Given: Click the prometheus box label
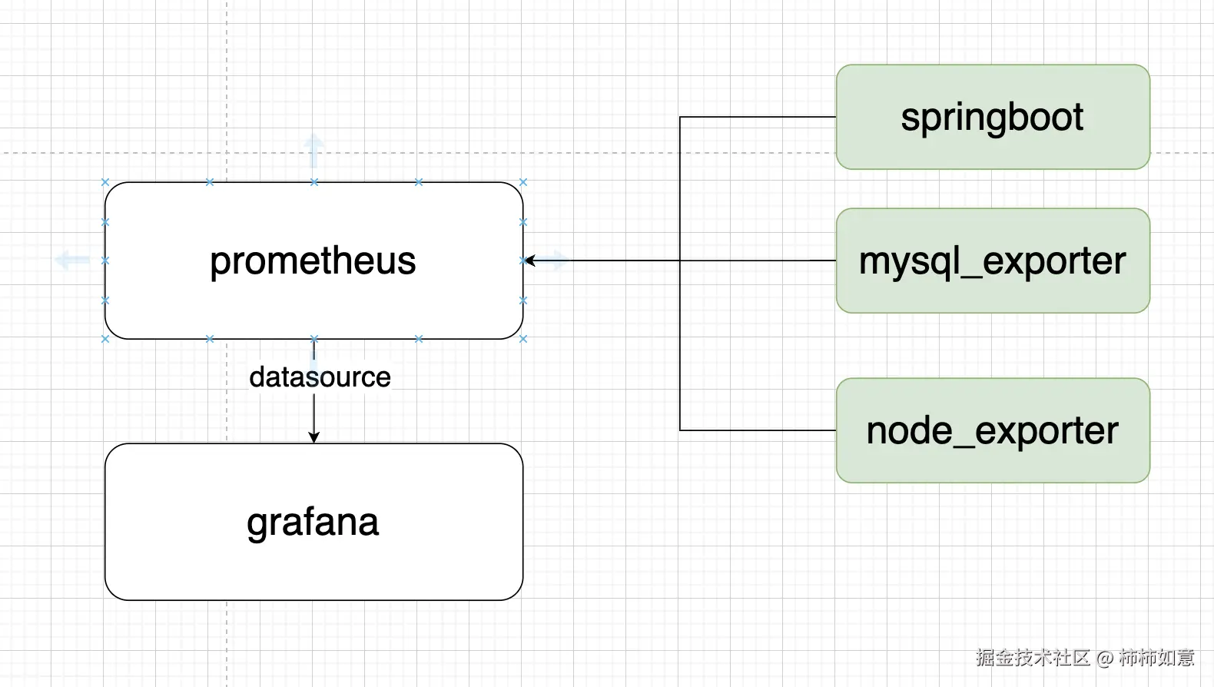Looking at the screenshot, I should [x=313, y=261].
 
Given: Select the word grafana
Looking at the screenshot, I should [x=313, y=523].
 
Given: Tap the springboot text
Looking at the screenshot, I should [x=992, y=118].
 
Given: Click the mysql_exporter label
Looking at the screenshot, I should [x=992, y=261].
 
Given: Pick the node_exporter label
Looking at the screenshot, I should [x=992, y=430].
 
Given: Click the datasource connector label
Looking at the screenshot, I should [x=320, y=377].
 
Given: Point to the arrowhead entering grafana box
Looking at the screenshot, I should [x=313, y=437].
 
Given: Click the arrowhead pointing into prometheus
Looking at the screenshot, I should [x=530, y=261].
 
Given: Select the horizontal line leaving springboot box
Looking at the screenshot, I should [x=757, y=118].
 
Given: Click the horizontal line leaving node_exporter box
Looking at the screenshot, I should [x=757, y=430].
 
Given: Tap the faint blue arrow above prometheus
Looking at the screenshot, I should [x=313, y=150].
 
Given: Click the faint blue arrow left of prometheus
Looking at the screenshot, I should [x=72, y=261].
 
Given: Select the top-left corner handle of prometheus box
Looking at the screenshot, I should [x=105, y=182].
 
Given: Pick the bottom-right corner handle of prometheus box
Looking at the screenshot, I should [x=523, y=339].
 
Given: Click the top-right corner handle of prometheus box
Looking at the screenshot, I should [x=523, y=182].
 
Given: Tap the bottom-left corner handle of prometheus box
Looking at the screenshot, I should [x=105, y=339].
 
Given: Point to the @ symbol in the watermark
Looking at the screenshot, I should [x=1105, y=659].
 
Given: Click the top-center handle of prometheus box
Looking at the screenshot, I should [x=313, y=182].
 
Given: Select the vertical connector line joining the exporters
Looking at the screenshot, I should [x=680, y=346].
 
